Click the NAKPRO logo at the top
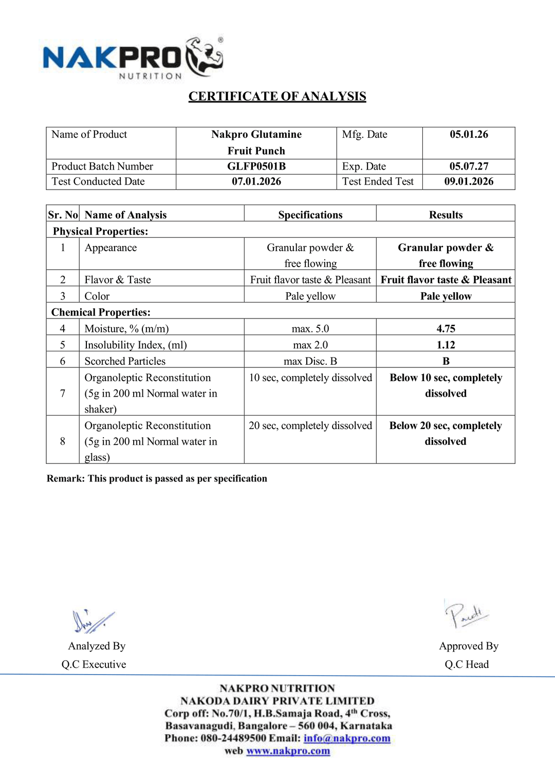(x=133, y=58)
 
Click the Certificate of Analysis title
(x=277, y=97)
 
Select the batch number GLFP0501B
(x=256, y=166)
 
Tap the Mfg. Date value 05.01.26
(x=469, y=135)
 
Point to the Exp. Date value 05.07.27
(x=469, y=166)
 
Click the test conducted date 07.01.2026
(x=256, y=181)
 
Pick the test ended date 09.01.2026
(x=469, y=181)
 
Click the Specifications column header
(x=310, y=215)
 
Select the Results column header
(x=446, y=215)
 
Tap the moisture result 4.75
(x=446, y=329)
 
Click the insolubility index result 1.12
(x=446, y=345)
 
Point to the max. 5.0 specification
(x=310, y=329)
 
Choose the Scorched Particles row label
(x=125, y=361)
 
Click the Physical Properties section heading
(x=100, y=231)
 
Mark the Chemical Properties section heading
(x=101, y=312)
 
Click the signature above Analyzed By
(x=92, y=621)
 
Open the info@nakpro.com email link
(x=347, y=738)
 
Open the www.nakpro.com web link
(x=288, y=751)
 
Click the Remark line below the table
(x=157, y=479)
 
